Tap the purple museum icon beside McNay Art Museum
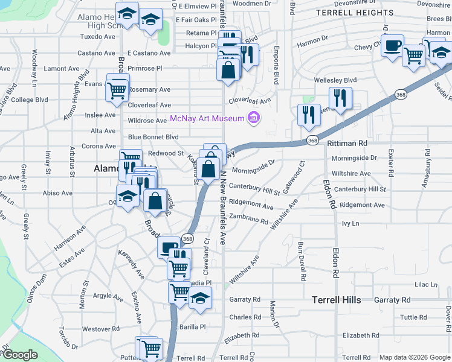(254, 118)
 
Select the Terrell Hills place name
(337, 300)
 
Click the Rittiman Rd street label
(347, 144)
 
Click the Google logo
(20, 355)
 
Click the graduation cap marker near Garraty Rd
(200, 298)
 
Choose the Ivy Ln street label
(350, 223)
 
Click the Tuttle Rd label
(413, 317)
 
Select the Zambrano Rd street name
(248, 221)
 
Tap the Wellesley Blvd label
(335, 80)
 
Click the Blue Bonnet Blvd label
(153, 137)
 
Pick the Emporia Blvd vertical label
(277, 58)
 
